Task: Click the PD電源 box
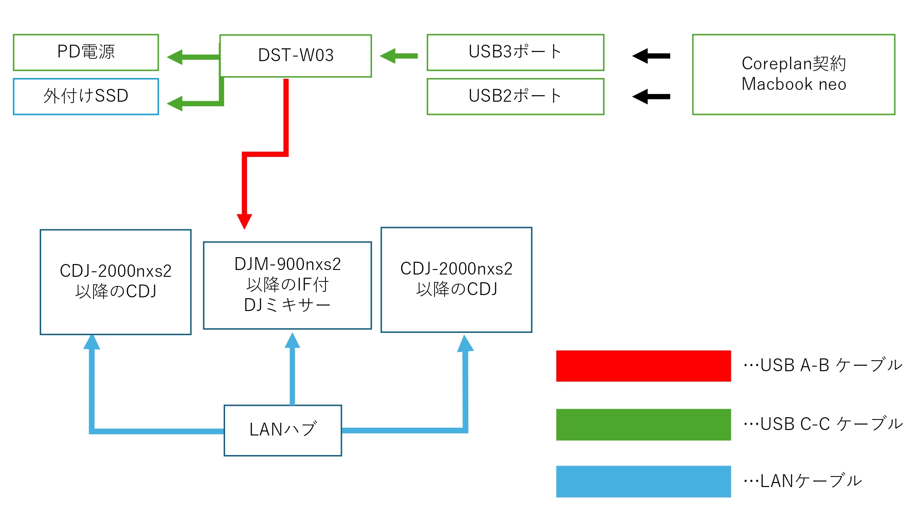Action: click(86, 52)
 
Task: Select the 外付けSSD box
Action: click(86, 96)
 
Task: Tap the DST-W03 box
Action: click(295, 56)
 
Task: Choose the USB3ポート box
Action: click(515, 52)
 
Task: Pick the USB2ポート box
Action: click(515, 96)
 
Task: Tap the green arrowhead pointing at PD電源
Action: click(175, 57)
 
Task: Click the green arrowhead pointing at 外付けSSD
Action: click(175, 104)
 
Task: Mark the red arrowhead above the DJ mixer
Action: click(245, 221)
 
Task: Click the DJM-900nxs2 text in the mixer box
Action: click(288, 264)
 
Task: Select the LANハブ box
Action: click(283, 430)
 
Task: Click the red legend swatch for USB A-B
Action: click(643, 366)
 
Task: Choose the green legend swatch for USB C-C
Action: click(643, 425)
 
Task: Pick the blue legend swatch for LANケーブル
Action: click(643, 481)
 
